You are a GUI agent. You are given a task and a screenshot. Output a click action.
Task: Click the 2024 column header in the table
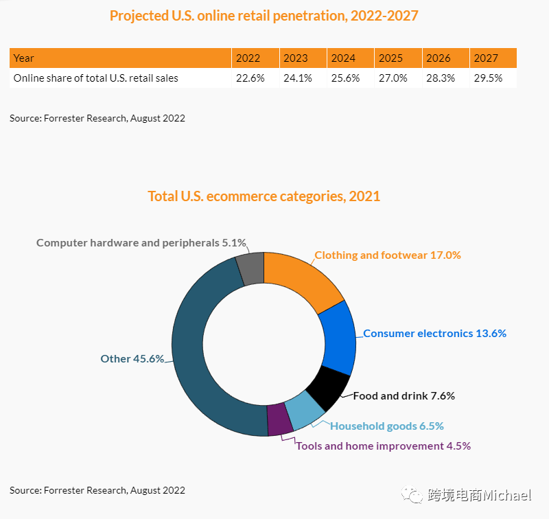(343, 58)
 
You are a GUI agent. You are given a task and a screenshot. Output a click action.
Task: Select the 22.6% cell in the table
(250, 78)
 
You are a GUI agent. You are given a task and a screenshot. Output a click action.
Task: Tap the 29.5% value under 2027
(488, 78)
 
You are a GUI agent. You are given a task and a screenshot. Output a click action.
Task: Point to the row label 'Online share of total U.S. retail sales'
(96, 78)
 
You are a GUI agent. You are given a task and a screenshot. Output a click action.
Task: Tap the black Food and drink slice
(328, 387)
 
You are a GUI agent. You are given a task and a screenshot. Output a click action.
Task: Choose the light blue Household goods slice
(303, 411)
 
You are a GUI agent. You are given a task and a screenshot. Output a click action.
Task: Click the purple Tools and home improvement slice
(278, 419)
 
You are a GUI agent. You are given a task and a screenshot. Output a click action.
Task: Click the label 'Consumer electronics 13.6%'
(434, 334)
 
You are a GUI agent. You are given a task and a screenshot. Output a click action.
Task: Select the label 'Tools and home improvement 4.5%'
(383, 446)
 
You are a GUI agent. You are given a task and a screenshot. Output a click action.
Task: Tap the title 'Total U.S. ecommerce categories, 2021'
(264, 196)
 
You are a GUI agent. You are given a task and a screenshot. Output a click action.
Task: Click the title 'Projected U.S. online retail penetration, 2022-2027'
(264, 16)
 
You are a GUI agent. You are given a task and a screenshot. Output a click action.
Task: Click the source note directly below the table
(97, 118)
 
